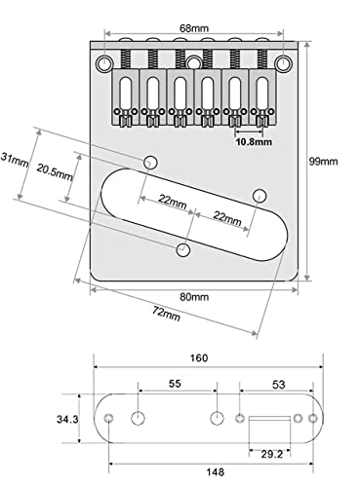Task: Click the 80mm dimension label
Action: point(193,296)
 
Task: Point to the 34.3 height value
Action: point(67,419)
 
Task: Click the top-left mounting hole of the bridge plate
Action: point(102,66)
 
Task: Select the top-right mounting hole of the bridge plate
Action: point(284,66)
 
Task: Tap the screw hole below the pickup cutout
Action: point(182,252)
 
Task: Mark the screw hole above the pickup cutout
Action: point(151,161)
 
